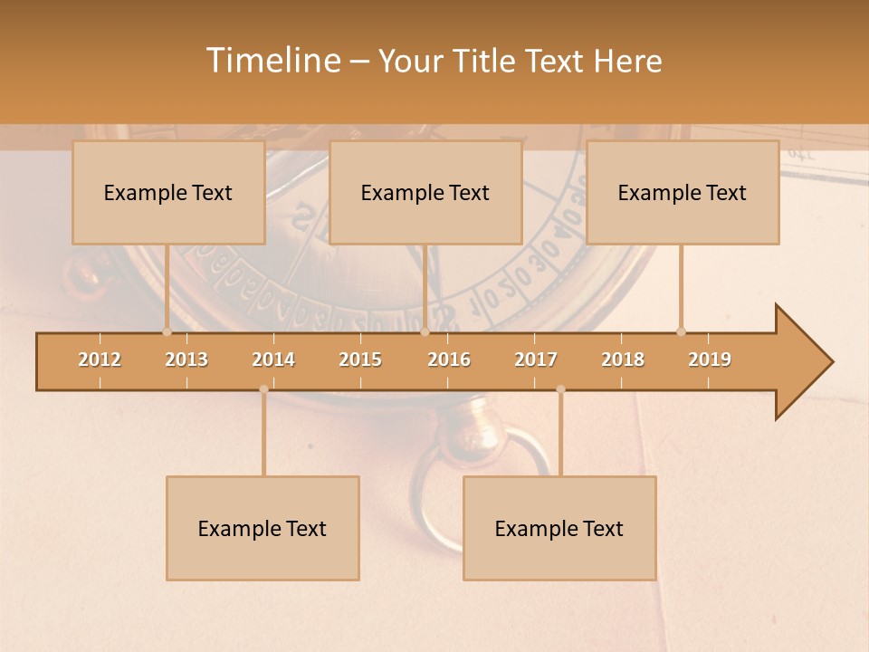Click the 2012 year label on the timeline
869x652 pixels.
pos(100,360)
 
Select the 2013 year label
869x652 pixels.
pos(186,360)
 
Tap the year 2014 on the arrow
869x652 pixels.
pos(273,360)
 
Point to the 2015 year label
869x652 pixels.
pos(360,360)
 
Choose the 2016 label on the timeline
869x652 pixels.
pos(449,360)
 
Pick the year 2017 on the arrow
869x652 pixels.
pos(536,360)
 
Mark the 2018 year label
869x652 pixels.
pos(623,360)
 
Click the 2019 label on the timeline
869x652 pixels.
pos(710,360)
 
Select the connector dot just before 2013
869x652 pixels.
pos(167,331)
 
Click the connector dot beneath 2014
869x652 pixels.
pos(263,389)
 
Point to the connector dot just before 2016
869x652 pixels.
pos(425,331)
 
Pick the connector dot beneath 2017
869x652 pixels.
pos(560,389)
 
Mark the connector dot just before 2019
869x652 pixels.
pos(681,331)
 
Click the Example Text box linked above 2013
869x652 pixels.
pos(168,193)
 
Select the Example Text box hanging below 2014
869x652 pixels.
pos(263,529)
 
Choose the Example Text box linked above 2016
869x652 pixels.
pos(425,193)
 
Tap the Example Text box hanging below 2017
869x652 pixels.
pos(559,529)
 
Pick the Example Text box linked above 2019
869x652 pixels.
pos(683,193)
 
